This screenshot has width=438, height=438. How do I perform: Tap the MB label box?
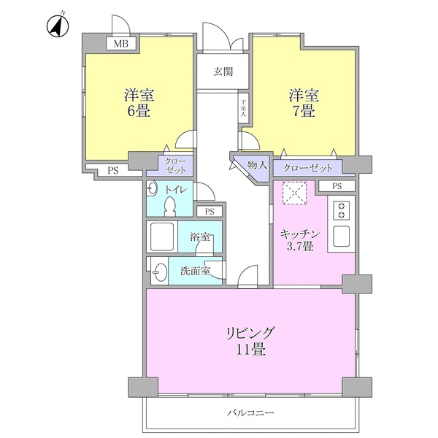tap(120, 45)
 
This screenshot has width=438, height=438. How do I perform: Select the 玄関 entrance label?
tap(223, 72)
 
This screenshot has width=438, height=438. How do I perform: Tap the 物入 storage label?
tap(257, 166)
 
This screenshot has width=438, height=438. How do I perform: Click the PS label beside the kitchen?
tap(337, 187)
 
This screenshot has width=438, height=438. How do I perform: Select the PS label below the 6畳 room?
tap(113, 171)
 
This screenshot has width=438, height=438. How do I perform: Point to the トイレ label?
tap(176, 190)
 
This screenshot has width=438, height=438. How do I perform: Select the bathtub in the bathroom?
tap(163, 236)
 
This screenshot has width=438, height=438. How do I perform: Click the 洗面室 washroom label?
tap(195, 271)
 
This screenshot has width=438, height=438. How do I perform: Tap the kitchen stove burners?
tap(341, 211)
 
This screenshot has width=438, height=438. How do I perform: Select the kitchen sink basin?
tap(341, 237)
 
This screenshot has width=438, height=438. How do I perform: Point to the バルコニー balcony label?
tap(250, 413)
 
